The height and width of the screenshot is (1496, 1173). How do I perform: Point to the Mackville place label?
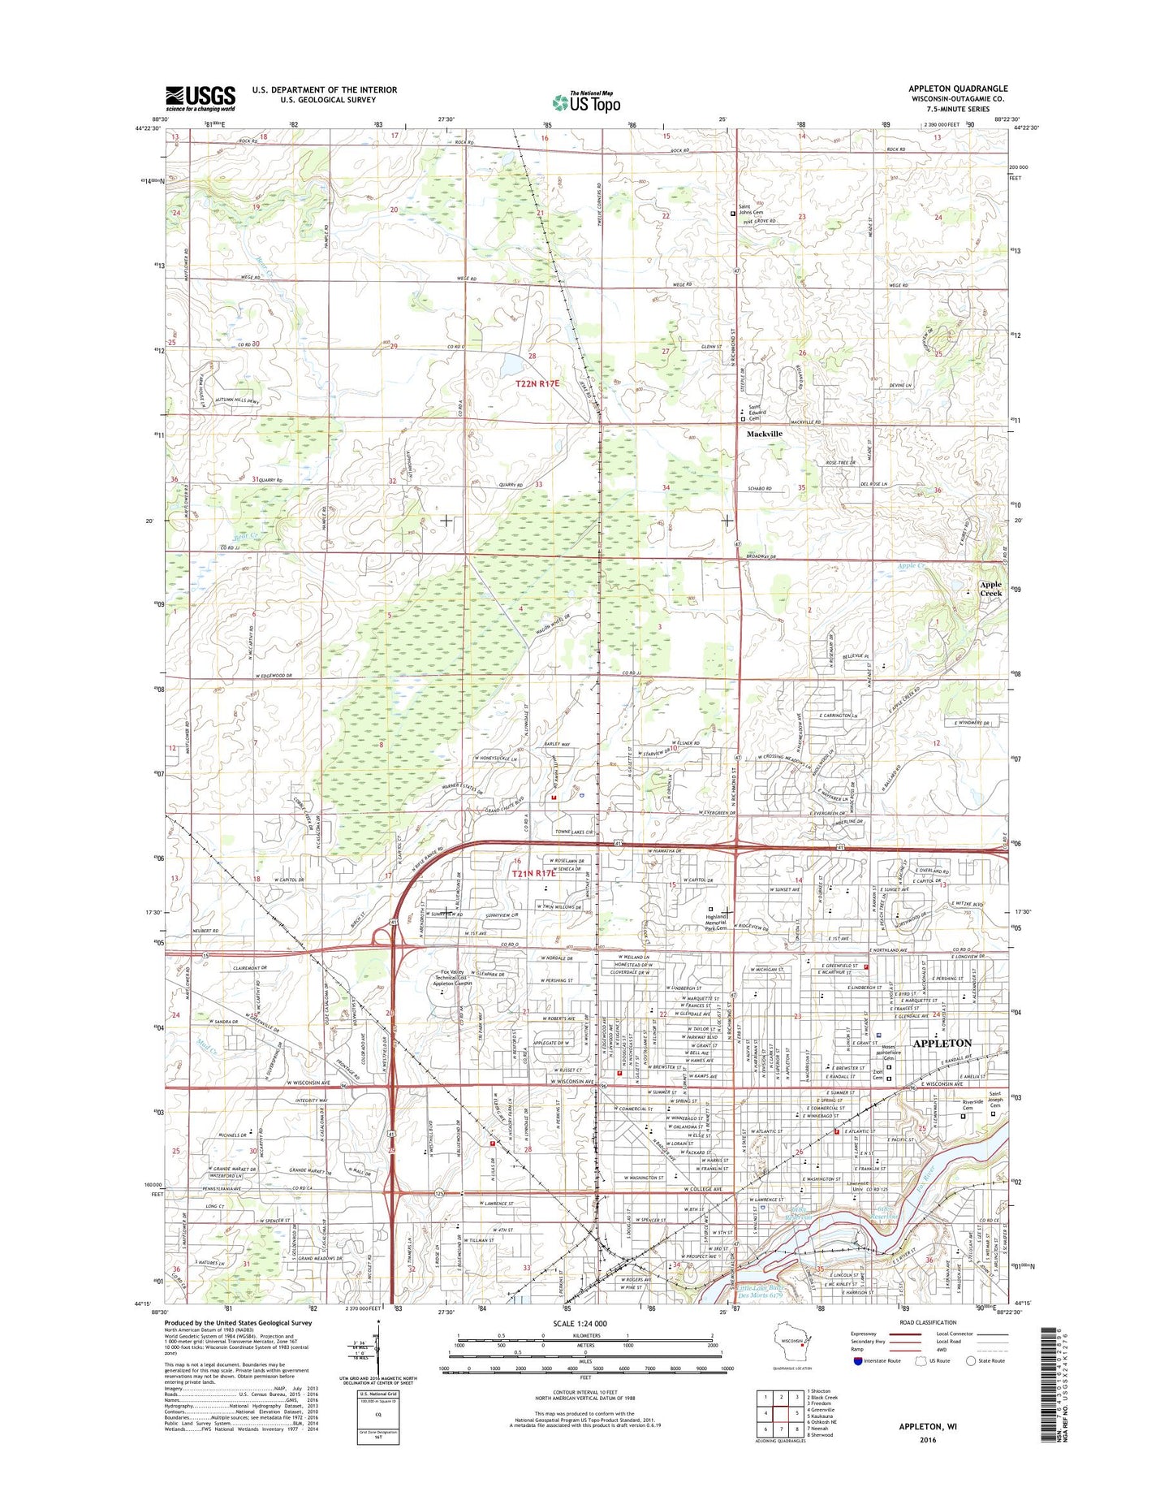click(765, 434)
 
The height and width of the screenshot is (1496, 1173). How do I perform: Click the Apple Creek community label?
click(990, 589)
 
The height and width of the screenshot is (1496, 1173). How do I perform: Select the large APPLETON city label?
click(942, 1043)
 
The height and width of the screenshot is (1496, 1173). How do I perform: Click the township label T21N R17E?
click(533, 873)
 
